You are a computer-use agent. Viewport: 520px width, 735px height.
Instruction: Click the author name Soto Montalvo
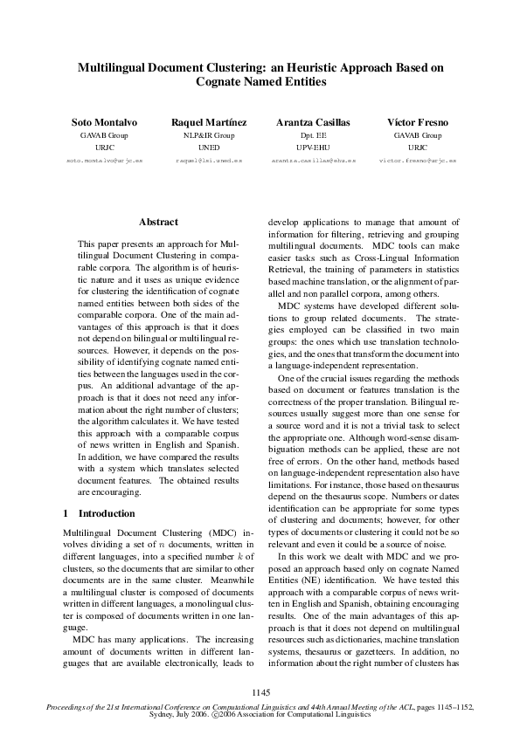pyautogui.click(x=103, y=122)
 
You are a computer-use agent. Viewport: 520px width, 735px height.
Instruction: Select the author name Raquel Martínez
pyautogui.click(x=208, y=122)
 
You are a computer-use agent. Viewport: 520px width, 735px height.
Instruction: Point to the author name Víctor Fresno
pyautogui.click(x=417, y=122)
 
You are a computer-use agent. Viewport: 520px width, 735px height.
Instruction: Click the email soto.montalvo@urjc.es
pyautogui.click(x=103, y=161)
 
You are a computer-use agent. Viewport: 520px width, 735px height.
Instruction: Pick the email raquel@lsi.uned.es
pyautogui.click(x=208, y=161)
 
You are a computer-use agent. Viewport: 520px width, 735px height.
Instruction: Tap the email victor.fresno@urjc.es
pyautogui.click(x=417, y=161)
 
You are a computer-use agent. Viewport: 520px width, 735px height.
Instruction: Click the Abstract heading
pyautogui.click(x=158, y=223)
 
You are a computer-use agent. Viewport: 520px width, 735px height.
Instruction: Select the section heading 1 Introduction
pyautogui.click(x=100, y=513)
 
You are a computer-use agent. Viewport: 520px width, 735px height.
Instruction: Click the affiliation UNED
pyautogui.click(x=208, y=148)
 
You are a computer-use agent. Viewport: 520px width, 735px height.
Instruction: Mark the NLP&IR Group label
pyautogui.click(x=208, y=136)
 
